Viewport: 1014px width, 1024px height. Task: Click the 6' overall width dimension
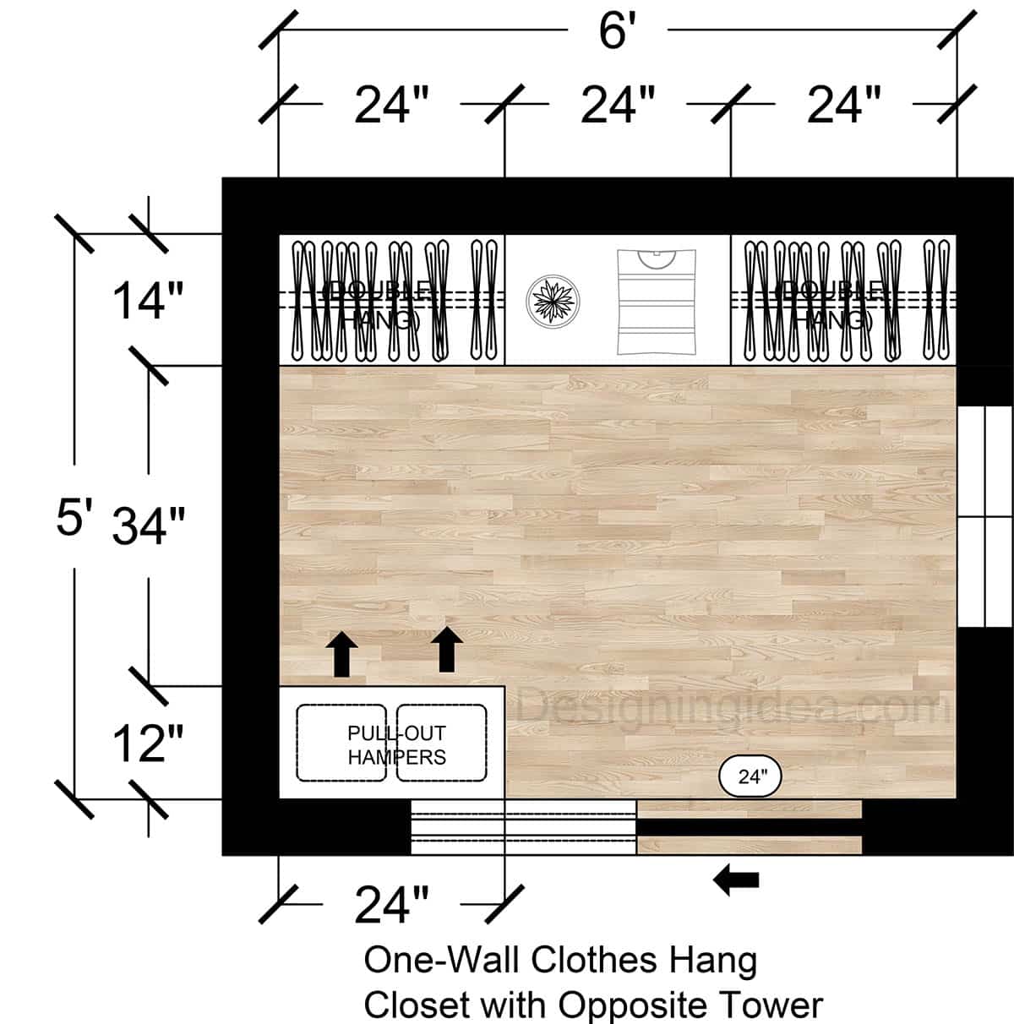pos(617,32)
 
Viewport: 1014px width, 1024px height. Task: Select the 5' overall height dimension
pos(74,516)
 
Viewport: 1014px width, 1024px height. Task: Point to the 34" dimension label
pos(149,526)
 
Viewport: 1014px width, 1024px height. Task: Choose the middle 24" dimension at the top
pos(618,106)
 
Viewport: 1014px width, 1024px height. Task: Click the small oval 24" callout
pos(750,776)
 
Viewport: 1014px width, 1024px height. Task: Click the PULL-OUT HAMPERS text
pos(396,745)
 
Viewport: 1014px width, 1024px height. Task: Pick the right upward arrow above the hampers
pos(447,649)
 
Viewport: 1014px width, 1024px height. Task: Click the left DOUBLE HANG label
pos(380,306)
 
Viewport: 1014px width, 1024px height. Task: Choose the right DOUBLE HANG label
pos(832,306)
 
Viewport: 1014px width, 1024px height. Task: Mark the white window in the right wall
pos(984,516)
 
